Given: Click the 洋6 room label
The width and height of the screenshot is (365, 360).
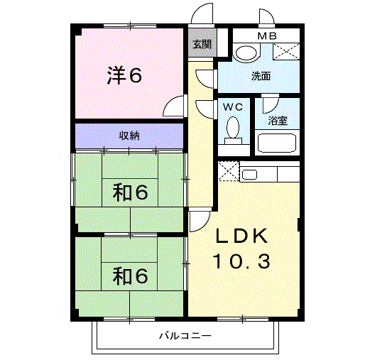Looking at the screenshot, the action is click(124, 75).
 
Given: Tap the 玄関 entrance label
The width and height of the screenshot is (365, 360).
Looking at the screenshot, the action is click(202, 44).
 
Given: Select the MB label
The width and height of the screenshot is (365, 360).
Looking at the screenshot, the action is click(267, 36).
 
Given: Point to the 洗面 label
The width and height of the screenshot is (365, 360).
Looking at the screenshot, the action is click(261, 76).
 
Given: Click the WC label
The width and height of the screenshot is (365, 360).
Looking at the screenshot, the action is click(233, 107).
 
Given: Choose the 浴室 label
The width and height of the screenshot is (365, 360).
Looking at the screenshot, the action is click(278, 121).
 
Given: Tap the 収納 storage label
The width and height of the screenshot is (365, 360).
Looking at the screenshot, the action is click(129, 136).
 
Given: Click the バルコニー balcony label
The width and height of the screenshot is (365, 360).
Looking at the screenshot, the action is click(185, 335).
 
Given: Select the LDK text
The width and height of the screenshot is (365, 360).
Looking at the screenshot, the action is click(241, 236).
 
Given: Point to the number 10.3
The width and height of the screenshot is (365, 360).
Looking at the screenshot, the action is click(241, 261).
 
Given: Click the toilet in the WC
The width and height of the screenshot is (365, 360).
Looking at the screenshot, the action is click(233, 130).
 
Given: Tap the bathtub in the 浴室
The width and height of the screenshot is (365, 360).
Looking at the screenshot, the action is click(277, 143).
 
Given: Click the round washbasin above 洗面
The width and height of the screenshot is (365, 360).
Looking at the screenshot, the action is click(246, 53).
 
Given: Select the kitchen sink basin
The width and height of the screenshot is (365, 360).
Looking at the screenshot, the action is click(249, 175).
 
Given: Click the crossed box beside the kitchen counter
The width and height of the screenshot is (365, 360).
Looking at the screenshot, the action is click(229, 171).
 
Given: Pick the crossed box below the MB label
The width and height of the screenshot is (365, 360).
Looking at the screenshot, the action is click(286, 51).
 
